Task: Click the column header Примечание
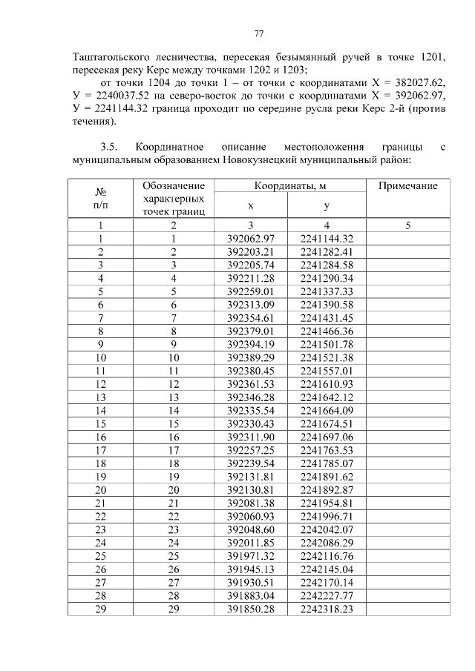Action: pos(407,186)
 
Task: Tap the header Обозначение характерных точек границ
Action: pos(173,198)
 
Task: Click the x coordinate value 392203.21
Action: pos(251,251)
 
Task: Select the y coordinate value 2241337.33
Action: pos(327,291)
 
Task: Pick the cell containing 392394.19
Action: pos(251,344)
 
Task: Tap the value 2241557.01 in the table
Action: pos(327,371)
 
